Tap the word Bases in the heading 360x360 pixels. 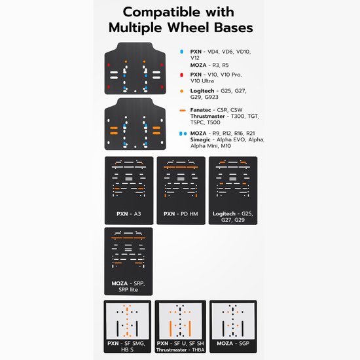(234, 27)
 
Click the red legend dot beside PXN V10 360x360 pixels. (181, 75)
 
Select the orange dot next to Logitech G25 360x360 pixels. (181, 91)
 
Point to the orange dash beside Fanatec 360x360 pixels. (183, 111)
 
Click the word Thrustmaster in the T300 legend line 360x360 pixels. (207, 116)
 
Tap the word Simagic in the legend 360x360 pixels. (200, 139)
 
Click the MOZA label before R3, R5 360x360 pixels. (198, 65)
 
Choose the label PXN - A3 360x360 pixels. (128, 214)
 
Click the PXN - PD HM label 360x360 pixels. (181, 214)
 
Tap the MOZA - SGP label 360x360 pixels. (233, 344)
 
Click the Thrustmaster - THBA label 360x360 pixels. (181, 350)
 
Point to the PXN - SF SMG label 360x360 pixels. (126, 344)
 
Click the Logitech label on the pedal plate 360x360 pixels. (224, 214)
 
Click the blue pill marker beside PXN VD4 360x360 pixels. (181, 52)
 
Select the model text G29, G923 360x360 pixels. (204, 97)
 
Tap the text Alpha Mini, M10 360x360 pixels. (211, 146)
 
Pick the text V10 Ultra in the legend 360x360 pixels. (202, 81)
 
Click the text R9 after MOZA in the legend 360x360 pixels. (216, 134)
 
